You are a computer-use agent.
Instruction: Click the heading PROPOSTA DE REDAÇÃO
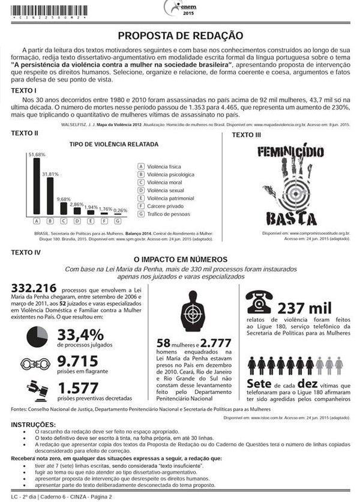180,35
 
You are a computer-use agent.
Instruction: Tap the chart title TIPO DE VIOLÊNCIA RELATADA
113,145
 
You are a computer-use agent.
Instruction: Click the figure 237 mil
304,308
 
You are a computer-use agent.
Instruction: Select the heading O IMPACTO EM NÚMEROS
180,259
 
